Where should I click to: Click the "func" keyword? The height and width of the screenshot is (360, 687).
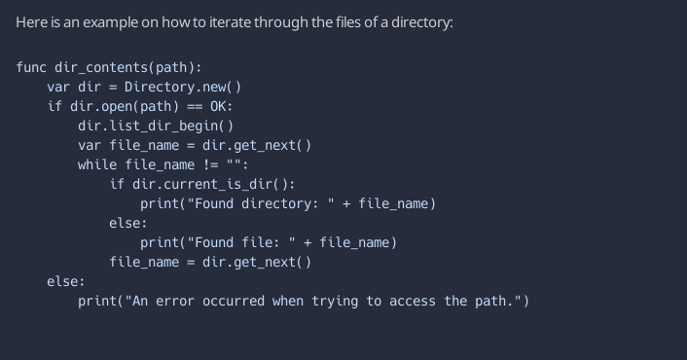31,67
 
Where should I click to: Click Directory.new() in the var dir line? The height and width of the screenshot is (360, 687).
183,87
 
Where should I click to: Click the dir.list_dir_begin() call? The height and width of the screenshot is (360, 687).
156,126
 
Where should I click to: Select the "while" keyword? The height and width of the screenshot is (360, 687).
97,164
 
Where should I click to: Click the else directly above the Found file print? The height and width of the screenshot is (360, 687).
128,223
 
